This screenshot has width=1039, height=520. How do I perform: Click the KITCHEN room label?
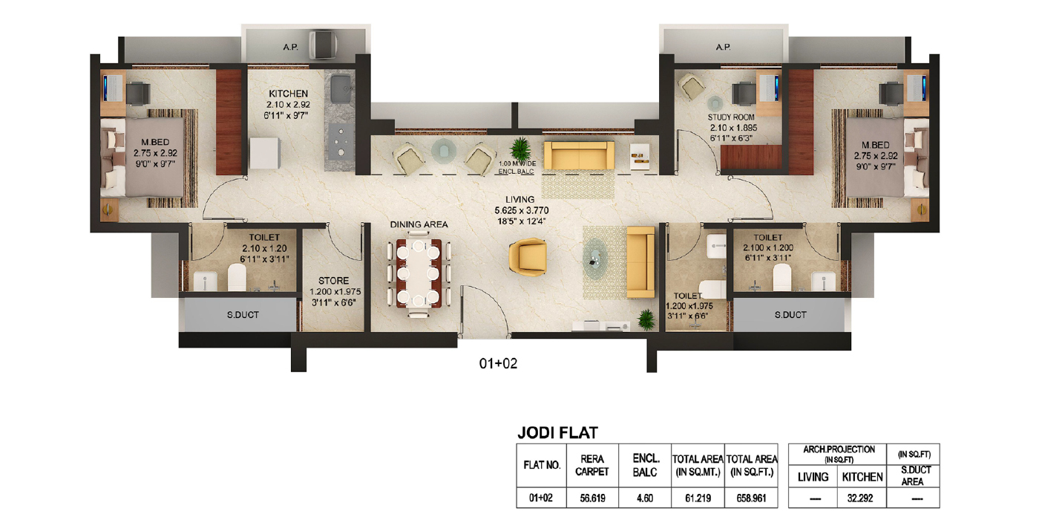288,94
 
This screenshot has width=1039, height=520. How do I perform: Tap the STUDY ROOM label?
731,117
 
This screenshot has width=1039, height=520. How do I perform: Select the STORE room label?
333,281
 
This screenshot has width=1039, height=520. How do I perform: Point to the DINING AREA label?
419,224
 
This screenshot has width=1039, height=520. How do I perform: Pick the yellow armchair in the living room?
528,257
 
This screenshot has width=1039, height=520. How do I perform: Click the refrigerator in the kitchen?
265,153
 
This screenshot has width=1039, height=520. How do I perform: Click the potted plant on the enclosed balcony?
521,149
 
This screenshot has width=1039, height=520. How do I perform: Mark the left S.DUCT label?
243,315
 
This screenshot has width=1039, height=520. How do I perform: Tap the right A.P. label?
723,47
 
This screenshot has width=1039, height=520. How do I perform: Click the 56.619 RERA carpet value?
592,498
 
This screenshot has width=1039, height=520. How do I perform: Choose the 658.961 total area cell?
751,498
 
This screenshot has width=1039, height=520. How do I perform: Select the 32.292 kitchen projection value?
860,498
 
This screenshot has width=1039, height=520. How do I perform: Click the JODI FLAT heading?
557,432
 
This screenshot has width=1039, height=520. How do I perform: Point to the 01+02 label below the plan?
498,363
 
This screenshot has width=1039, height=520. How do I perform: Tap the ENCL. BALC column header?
645,465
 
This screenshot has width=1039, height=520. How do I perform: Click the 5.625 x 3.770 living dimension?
521,210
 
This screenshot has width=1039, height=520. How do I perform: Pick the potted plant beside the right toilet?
646,320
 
